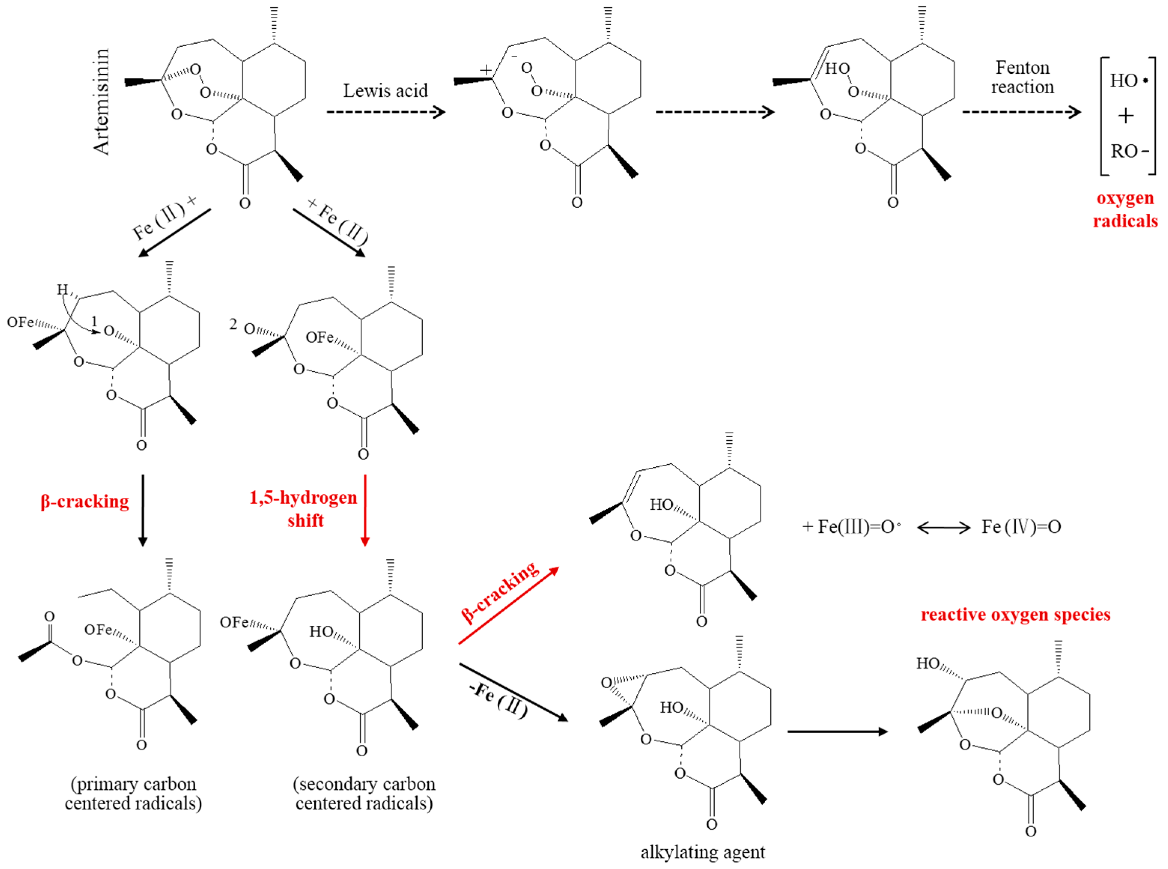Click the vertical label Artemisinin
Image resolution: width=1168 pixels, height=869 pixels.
[x=101, y=101]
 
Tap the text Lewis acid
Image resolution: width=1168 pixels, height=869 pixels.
[x=385, y=91]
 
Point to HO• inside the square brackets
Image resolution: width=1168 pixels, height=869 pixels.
[x=1128, y=80]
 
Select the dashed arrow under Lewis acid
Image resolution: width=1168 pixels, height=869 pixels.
[x=385, y=112]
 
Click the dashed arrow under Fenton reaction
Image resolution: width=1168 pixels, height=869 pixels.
[x=1021, y=112]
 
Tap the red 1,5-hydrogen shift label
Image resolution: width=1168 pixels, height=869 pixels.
[x=304, y=509]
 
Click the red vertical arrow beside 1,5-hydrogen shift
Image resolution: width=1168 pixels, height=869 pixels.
[x=365, y=510]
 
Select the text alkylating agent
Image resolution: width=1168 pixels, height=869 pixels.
[x=702, y=852]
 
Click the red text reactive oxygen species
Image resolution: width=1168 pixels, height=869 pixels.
[x=1015, y=615]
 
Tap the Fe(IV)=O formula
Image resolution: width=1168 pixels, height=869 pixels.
[x=1021, y=527]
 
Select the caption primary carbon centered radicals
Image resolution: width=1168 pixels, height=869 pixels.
[x=133, y=793]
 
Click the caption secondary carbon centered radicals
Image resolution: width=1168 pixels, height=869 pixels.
[x=364, y=793]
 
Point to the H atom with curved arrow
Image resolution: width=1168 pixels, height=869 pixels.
[x=62, y=289]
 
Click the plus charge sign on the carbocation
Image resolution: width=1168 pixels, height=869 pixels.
[x=485, y=70]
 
